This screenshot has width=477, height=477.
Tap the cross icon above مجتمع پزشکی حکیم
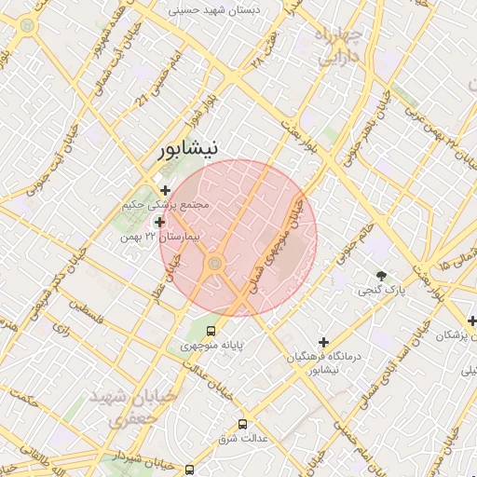tap(166, 190)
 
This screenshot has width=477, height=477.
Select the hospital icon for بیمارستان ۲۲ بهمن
tap(160, 222)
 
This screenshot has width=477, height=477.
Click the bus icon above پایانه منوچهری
tap(211, 330)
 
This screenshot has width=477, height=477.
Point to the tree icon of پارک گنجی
tap(381, 275)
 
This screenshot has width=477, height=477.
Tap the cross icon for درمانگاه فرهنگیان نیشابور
tap(324, 342)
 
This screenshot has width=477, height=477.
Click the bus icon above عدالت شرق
tap(243, 422)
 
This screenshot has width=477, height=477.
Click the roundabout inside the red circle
tap(215, 265)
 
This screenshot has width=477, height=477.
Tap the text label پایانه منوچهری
tap(211, 346)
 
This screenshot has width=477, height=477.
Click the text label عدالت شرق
tap(243, 437)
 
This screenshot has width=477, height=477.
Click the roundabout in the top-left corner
tap(26, 25)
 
